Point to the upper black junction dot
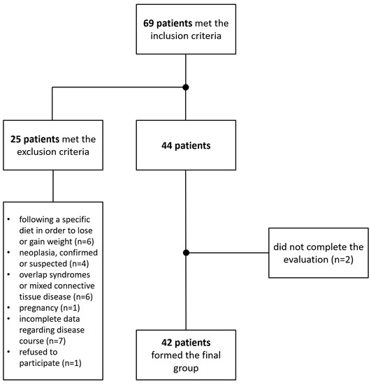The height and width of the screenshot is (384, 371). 185,87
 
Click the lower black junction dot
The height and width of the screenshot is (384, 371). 185,253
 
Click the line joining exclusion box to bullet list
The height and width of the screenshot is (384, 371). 53,185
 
